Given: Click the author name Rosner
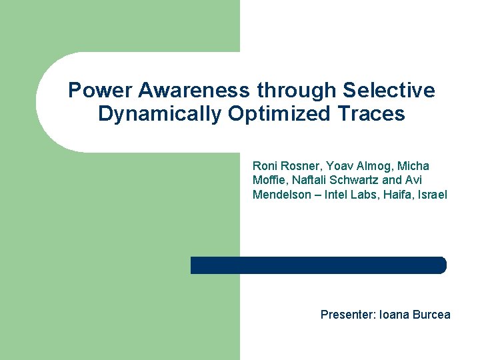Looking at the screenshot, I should tap(299, 165).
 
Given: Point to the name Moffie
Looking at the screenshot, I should tap(268, 180).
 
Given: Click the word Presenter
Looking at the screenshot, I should tap(347, 315).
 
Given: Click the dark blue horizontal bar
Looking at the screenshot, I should tap(318, 265).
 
